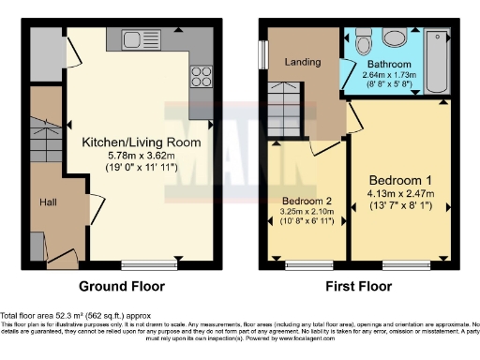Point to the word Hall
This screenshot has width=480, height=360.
(x=49, y=202)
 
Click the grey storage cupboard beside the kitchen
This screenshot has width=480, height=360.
(x=43, y=53)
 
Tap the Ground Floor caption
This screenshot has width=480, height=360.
(x=121, y=286)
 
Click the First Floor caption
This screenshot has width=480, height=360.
(x=359, y=286)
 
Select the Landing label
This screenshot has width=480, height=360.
(x=302, y=63)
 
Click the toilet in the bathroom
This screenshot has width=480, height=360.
(x=365, y=39)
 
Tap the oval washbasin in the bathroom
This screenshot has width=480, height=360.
(x=395, y=37)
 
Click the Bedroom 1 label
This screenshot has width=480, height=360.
(x=399, y=180)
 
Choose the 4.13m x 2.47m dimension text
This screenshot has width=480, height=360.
(x=399, y=194)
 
